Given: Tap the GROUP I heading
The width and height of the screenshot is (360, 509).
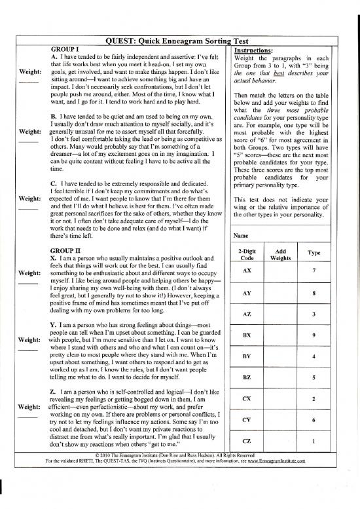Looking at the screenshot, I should pyautogui.click(x=65, y=49).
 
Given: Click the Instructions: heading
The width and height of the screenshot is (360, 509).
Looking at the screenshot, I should pyautogui.click(x=255, y=49).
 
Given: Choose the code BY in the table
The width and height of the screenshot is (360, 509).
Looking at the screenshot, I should pyautogui.click(x=247, y=356).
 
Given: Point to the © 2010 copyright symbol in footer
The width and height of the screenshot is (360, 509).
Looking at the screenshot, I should pyautogui.click(x=98, y=455).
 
